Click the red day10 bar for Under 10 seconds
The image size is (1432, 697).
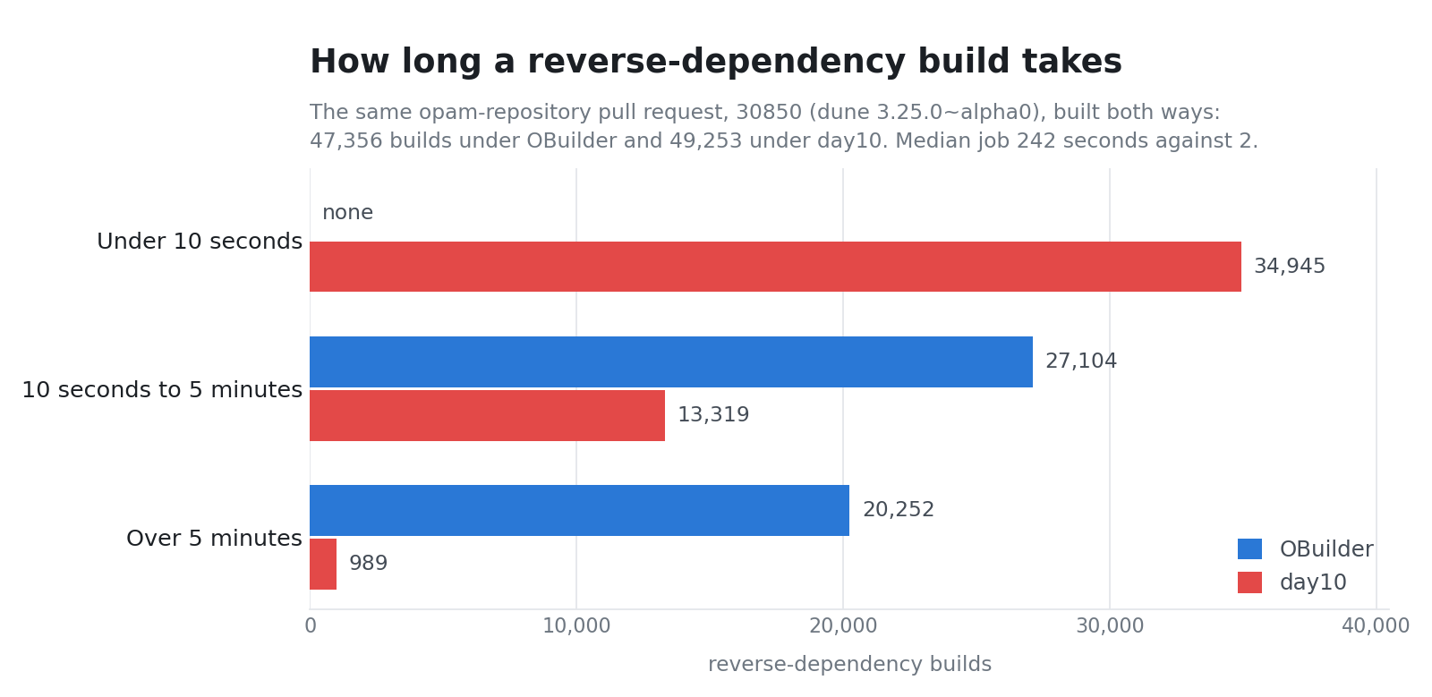(775, 267)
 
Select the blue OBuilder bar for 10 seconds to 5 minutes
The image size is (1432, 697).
(671, 361)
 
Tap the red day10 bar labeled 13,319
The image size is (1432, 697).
(487, 415)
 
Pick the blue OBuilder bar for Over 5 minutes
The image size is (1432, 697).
(580, 511)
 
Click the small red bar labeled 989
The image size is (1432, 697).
(323, 564)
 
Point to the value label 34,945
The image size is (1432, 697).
(1290, 267)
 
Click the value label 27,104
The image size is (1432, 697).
(1081, 361)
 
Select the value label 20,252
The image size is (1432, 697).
(899, 510)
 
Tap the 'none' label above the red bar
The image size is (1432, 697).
(347, 212)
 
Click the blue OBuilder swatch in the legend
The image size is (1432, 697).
(1249, 548)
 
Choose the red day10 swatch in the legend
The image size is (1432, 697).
(1249, 582)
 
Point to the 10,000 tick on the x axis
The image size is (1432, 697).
(576, 626)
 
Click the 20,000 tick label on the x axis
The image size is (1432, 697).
(842, 626)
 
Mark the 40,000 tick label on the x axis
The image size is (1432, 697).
(1375, 626)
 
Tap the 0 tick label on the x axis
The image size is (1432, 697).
(310, 626)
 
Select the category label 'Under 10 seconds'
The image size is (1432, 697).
(200, 242)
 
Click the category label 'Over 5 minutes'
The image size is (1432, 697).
(214, 539)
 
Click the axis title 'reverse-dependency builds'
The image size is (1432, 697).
(849, 665)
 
